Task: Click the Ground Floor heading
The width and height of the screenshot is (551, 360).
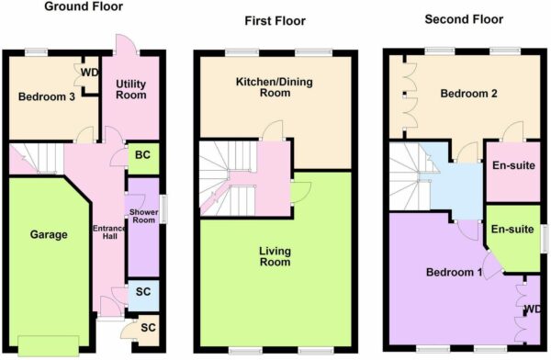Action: pos(84,6)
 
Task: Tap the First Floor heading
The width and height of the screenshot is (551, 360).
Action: pos(275,21)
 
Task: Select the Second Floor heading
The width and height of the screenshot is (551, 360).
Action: pos(464,19)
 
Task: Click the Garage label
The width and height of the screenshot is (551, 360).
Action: pos(49,234)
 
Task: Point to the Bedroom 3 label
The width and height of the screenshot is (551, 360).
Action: pos(47,96)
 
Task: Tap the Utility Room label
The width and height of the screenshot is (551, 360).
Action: pos(131,89)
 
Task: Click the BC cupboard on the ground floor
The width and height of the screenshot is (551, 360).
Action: pos(143,159)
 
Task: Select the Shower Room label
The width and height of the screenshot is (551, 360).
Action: pos(143,216)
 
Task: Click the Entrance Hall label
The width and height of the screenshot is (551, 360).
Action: pos(109,232)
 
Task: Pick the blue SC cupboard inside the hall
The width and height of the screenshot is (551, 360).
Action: pos(143,296)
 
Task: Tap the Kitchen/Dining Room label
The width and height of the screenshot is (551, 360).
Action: pos(275,87)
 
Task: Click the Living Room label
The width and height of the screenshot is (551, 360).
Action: pos(275,256)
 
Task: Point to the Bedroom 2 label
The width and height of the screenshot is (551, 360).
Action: pos(468,94)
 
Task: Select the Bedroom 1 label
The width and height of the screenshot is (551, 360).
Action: pos(454,272)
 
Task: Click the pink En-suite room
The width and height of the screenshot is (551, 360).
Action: pos(513,172)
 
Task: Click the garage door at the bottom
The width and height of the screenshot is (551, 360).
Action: pos(49,346)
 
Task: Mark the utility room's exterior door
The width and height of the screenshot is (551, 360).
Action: pos(127,45)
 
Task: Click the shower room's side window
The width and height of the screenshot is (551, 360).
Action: pos(163,209)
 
